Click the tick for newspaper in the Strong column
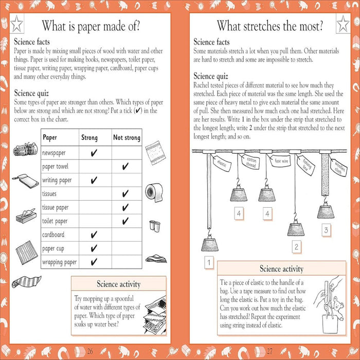point(94,153)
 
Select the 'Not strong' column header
point(126,138)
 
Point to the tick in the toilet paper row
point(125,221)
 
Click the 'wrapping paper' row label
point(60,262)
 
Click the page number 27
point(269,351)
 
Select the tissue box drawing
point(25,217)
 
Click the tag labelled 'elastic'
point(223,164)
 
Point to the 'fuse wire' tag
point(281,161)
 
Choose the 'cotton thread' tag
point(251,163)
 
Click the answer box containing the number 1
point(209,264)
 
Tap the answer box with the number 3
point(326,230)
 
